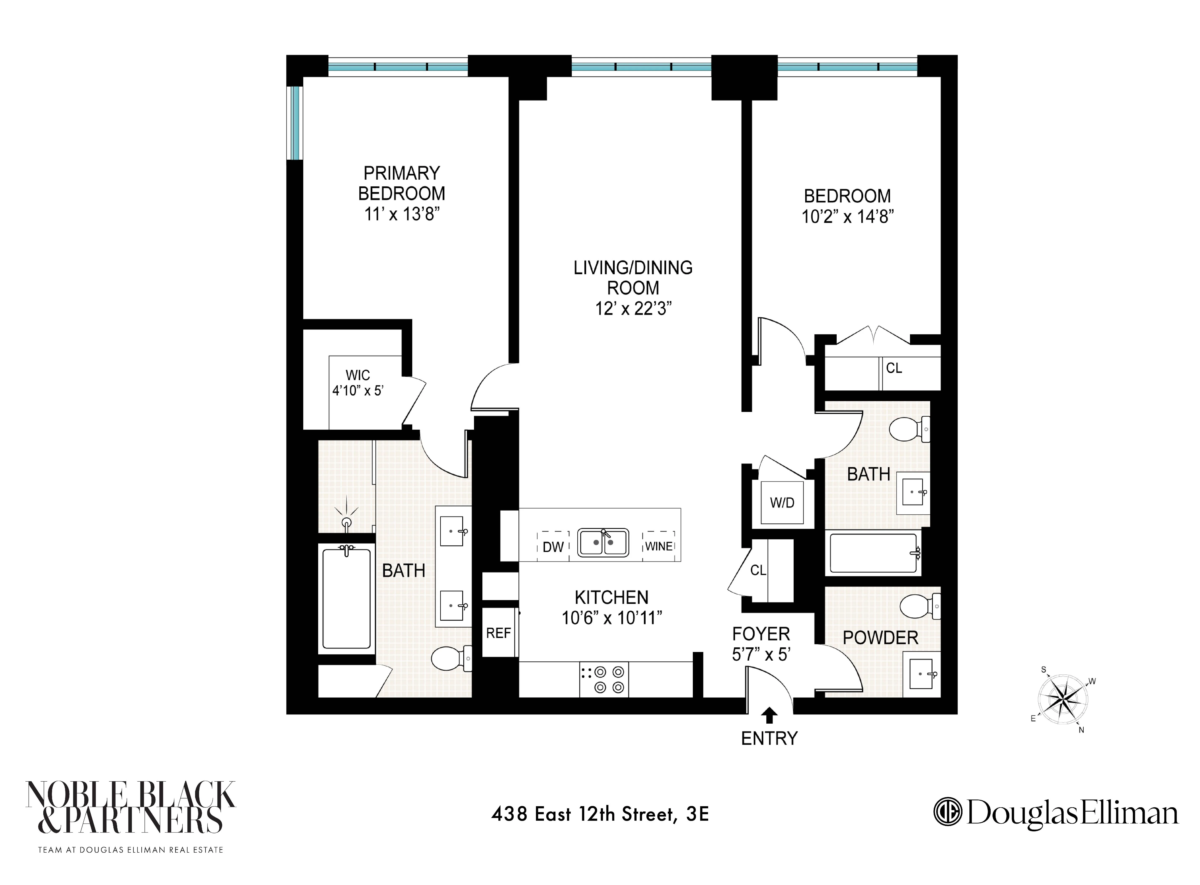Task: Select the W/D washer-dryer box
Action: tap(782, 503)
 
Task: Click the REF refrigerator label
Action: tap(498, 633)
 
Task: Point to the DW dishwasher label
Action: tap(553, 547)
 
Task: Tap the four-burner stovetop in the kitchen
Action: tap(604, 679)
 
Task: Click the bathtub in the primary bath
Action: tap(347, 598)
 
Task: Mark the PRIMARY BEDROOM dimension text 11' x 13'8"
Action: tap(402, 214)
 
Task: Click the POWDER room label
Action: tap(880, 637)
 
